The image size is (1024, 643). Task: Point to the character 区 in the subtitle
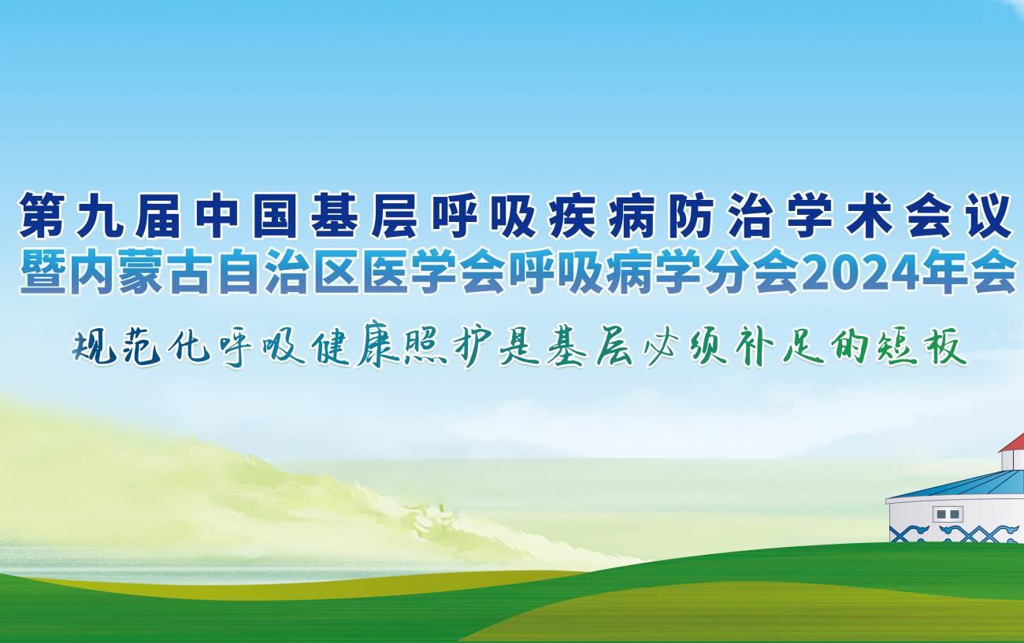point(339,272)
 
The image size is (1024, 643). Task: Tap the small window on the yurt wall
point(948,515)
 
